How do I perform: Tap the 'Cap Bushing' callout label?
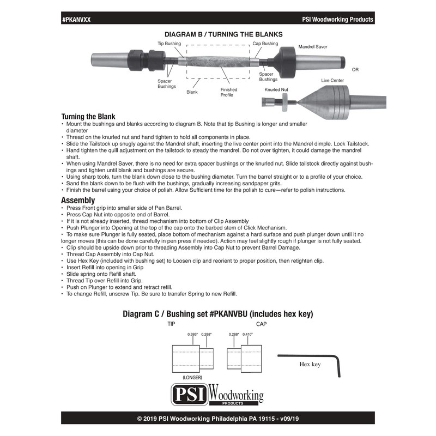click(265, 43)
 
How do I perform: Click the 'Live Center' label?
click(332, 80)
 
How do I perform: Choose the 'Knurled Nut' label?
click(277, 88)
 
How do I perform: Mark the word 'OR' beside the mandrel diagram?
click(355, 70)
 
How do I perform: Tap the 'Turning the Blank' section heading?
click(88, 117)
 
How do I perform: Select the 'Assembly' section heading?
click(78, 200)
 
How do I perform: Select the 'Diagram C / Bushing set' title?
click(217, 314)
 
